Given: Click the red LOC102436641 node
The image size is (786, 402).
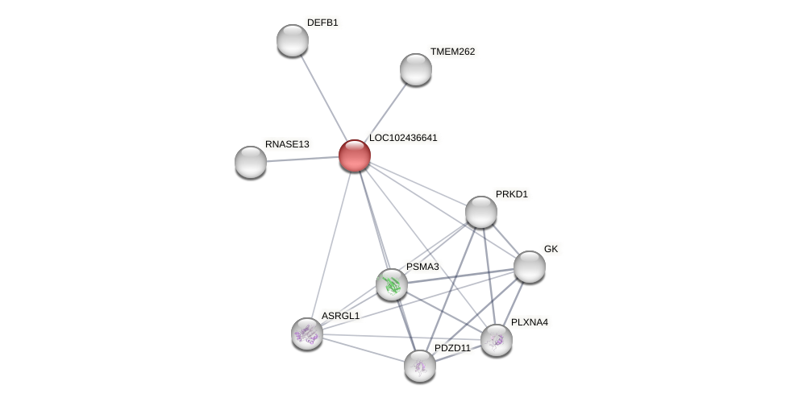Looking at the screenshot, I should point(354,155).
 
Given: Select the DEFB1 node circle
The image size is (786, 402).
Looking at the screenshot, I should point(292,40).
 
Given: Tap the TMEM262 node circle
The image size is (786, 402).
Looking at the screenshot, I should point(415,69).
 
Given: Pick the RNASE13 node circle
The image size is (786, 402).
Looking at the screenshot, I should point(251,162).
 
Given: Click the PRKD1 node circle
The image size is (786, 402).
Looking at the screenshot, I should point(480,212).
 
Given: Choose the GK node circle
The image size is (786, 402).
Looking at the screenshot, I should point(529,267).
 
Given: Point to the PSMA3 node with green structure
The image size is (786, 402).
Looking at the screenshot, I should point(392,284).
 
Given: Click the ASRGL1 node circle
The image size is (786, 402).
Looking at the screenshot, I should point(307,334).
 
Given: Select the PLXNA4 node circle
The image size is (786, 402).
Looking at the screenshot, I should point(496,340).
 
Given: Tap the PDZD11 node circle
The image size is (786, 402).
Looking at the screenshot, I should point(419,366).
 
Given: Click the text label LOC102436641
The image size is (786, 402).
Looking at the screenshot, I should point(403,138).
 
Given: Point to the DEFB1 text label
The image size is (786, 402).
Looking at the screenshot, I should point(322,23).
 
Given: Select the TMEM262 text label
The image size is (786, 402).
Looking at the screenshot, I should point(453,52).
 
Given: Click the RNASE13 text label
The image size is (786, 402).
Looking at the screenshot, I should point(287,144).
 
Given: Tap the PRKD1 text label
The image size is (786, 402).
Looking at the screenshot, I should point(511,194).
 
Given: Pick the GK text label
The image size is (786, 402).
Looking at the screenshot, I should point(551,249).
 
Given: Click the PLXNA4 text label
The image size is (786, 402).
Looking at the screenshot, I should point(529,322).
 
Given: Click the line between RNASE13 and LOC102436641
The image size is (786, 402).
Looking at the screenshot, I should point(302,159).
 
